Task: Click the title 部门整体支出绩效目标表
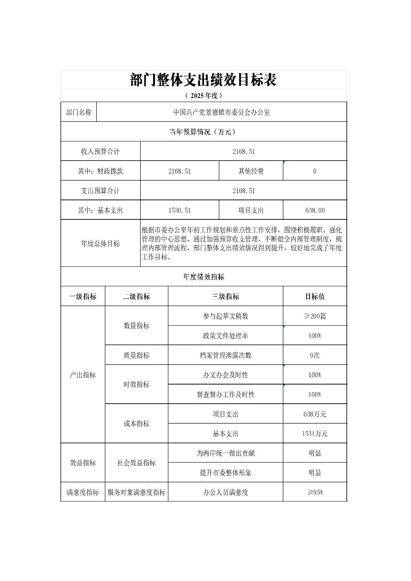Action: click(203, 80)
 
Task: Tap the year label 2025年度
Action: click(203, 96)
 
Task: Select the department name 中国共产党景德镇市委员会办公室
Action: click(222, 112)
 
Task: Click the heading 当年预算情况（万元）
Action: click(203, 132)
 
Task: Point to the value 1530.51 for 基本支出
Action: click(179, 210)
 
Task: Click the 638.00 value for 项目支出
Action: click(315, 210)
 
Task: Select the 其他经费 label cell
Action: click(251, 171)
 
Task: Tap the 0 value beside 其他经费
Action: click(315, 171)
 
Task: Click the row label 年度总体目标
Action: click(101, 243)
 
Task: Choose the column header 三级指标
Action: click(225, 297)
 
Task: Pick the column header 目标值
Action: click(315, 297)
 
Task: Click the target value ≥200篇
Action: click(315, 316)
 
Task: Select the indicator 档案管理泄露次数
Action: click(225, 355)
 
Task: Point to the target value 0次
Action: click(315, 355)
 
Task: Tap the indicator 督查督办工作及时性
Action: click(225, 394)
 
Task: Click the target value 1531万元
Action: click(315, 433)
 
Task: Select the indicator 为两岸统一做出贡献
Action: click(225, 453)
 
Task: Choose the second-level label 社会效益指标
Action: click(137, 463)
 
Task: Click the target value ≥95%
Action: click(315, 492)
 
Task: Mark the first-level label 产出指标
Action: click(83, 375)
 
